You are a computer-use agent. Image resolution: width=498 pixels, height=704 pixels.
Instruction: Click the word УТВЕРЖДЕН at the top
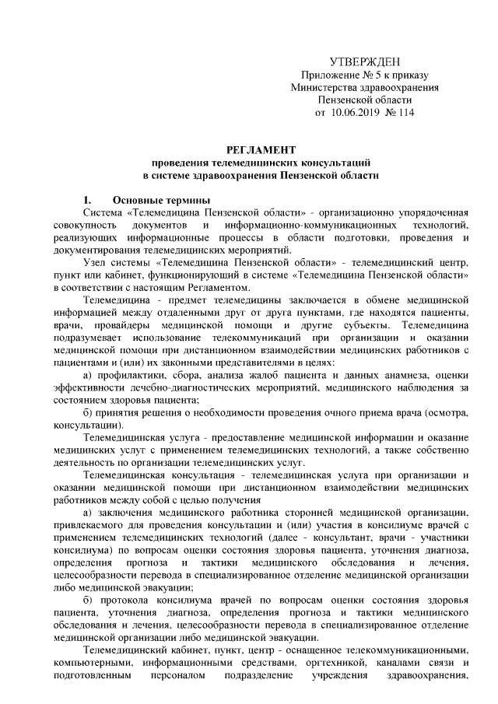pos(365,62)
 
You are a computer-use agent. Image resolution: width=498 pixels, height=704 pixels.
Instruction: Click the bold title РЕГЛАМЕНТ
pos(261,149)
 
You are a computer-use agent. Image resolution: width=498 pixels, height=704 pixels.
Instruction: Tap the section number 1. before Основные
pos(89,199)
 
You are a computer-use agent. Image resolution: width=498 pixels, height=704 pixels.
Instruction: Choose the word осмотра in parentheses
pos(447,413)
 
